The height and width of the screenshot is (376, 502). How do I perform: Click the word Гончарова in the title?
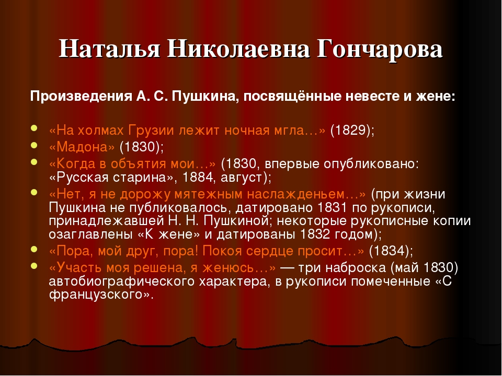point(380,49)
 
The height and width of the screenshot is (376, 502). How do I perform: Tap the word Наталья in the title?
point(109,49)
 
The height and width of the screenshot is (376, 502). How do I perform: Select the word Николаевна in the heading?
point(238,49)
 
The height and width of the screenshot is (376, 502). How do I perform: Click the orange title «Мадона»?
point(82,147)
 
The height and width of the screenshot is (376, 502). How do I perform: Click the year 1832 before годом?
point(315,234)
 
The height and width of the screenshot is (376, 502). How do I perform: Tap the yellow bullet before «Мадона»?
point(34,146)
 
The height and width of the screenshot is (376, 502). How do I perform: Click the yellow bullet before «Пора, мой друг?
point(34,250)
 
